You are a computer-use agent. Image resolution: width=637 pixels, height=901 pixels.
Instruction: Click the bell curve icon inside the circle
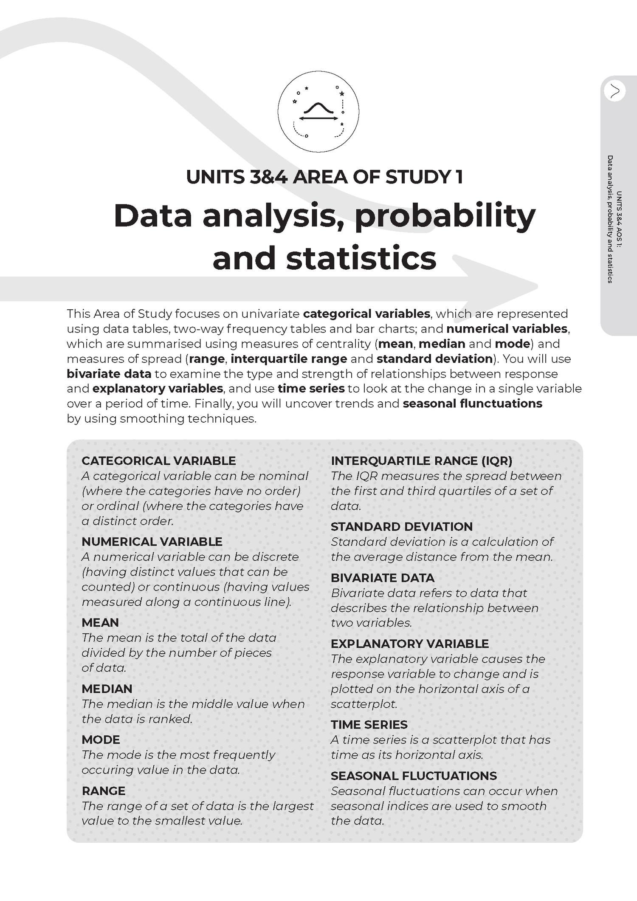coord(318,109)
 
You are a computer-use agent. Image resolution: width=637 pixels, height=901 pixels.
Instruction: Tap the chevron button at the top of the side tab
coord(614,90)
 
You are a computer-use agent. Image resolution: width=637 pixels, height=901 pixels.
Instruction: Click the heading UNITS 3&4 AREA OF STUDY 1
coord(324,177)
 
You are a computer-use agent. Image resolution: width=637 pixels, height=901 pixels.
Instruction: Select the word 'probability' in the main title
coord(445,216)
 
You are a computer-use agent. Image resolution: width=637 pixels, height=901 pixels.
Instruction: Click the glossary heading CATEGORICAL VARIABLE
coord(158,461)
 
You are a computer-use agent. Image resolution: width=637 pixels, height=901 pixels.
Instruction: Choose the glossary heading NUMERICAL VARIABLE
coord(152,542)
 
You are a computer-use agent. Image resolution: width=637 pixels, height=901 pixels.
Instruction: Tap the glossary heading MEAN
coord(100,622)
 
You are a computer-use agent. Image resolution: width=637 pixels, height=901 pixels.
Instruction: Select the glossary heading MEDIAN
coord(107,689)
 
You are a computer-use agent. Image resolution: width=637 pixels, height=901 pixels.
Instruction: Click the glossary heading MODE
coord(101,740)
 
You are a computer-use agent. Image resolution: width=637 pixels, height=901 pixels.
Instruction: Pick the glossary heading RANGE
coord(103,791)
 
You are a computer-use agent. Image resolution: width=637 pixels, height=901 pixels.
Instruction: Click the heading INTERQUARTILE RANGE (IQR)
coord(421,461)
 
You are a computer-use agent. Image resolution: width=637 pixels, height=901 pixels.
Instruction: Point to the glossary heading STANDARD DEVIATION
coord(401,527)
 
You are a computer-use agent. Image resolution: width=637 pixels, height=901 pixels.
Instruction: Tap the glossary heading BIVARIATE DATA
coord(382,578)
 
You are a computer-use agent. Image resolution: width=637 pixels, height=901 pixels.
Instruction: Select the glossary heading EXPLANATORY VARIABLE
coord(409,644)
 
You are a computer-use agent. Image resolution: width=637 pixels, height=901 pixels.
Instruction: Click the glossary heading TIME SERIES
coord(369,725)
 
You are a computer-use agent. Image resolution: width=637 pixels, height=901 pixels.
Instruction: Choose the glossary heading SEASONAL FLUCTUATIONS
coord(413,776)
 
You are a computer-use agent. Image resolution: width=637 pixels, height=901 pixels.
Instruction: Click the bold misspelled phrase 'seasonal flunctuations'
coord(472,403)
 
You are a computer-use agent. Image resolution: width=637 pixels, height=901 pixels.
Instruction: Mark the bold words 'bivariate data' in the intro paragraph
coord(109,374)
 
